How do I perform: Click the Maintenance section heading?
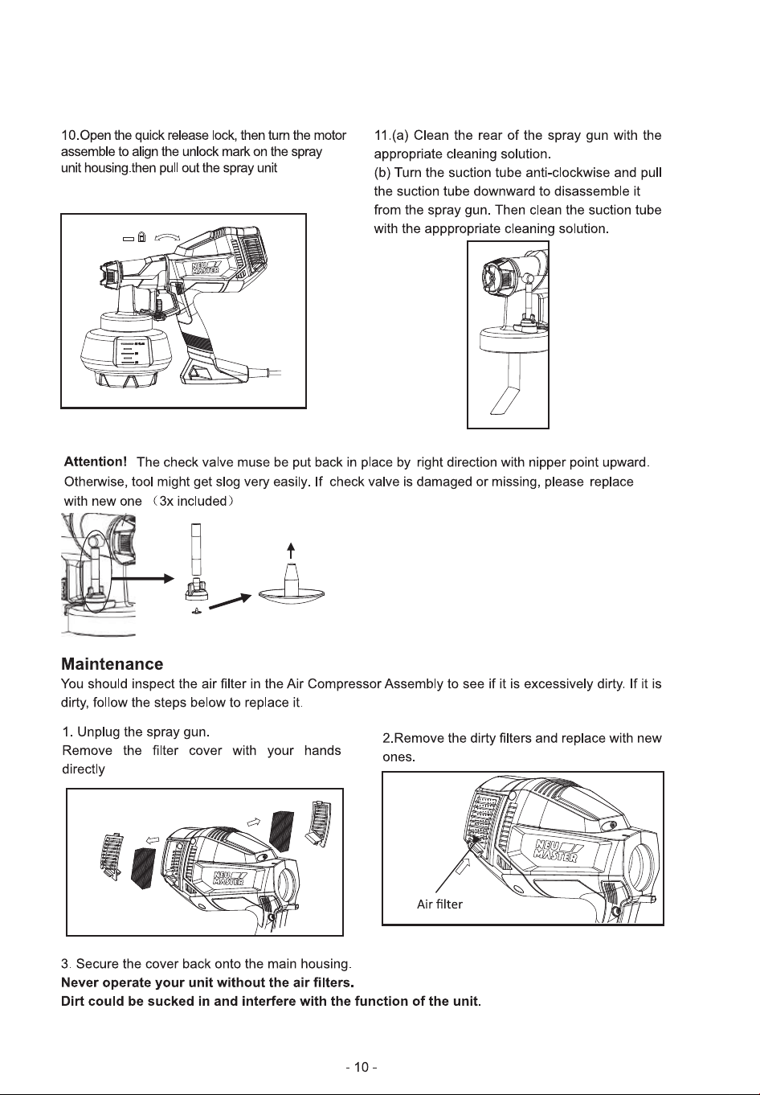click(112, 664)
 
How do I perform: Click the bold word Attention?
click(96, 461)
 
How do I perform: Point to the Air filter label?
click(439, 904)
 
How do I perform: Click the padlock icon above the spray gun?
click(142, 237)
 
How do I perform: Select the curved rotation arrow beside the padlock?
click(167, 237)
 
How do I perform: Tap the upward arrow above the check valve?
click(291, 551)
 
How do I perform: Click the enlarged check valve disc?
click(291, 594)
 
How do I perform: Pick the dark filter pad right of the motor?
click(284, 830)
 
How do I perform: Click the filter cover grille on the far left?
click(112, 855)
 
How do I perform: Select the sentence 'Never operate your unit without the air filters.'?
click(207, 982)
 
